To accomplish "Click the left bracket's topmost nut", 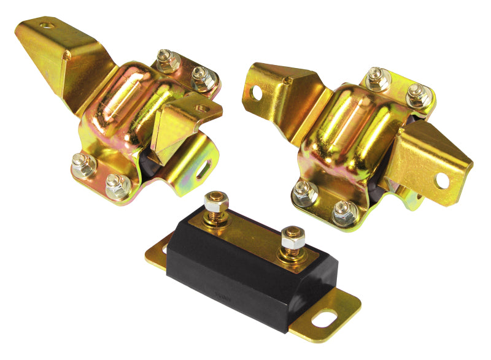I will [165, 59].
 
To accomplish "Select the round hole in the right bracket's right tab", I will [441, 180].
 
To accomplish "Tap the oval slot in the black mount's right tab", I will [324, 319].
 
